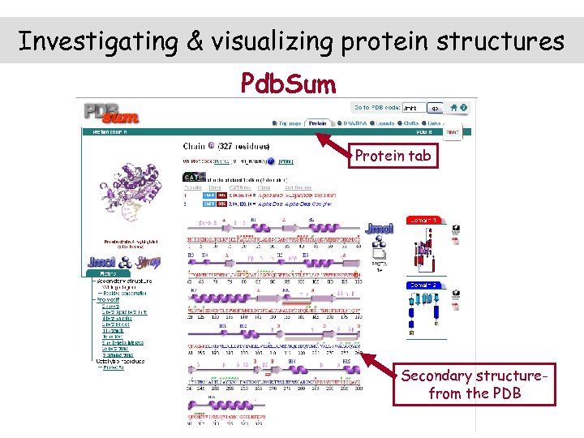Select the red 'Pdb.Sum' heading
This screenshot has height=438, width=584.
(288, 84)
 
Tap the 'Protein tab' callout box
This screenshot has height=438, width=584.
(393, 156)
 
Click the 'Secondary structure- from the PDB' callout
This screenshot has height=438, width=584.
(474, 384)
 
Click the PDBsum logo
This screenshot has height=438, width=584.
(111, 112)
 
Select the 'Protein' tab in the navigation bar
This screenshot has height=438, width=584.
(317, 124)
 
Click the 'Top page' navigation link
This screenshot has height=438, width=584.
(288, 124)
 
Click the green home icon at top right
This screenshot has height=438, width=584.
(453, 107)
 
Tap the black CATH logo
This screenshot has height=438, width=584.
(194, 178)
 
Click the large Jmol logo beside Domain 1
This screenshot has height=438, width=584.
(380, 230)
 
